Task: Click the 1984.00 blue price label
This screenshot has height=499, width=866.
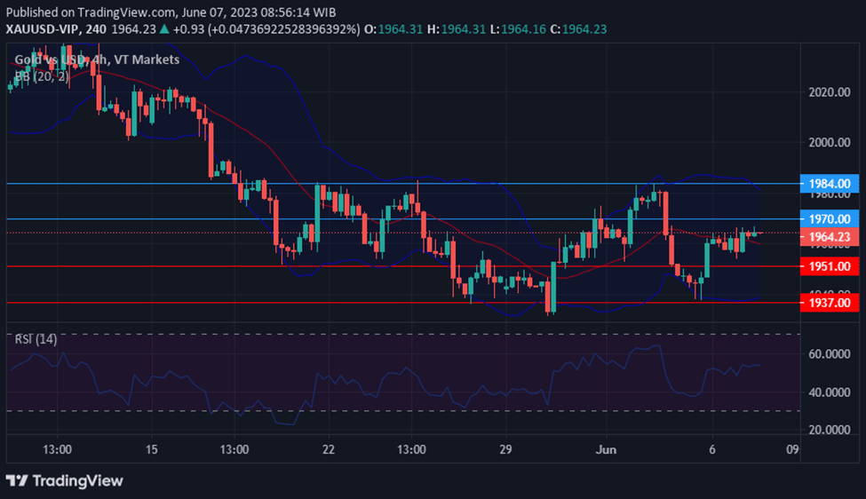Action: [x=830, y=184]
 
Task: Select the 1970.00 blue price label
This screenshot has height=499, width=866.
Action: [x=830, y=218]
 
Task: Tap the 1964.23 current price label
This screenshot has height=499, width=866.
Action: [x=830, y=237]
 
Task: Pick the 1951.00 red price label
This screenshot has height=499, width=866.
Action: [x=830, y=266]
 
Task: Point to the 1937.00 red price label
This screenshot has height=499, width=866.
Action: [x=830, y=303]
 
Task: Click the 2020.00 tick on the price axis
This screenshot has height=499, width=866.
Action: [x=831, y=92]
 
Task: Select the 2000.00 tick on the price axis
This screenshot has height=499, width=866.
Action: [x=831, y=142]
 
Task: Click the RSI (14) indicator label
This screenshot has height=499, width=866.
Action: [x=36, y=339]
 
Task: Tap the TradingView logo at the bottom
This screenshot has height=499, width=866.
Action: [x=64, y=480]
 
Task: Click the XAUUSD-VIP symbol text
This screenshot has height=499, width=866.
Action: [x=40, y=29]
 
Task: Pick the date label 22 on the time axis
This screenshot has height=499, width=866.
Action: [x=329, y=449]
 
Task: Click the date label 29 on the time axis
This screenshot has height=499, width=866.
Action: [x=505, y=449]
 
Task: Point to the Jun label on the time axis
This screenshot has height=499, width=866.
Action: [x=602, y=449]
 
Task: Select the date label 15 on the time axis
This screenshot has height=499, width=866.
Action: [x=151, y=449]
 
